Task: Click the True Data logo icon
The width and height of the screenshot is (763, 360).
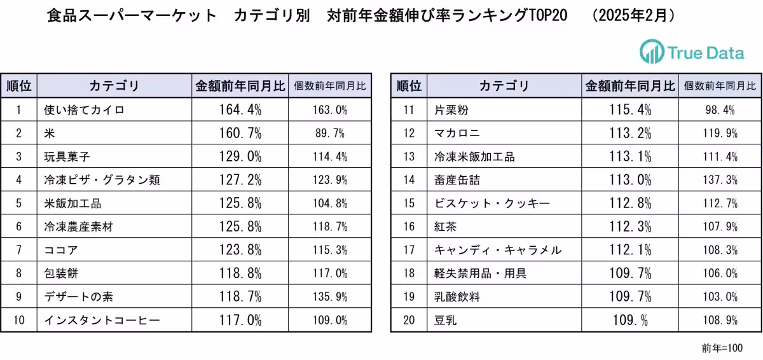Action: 651,52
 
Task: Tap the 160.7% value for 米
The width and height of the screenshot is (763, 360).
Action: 240,133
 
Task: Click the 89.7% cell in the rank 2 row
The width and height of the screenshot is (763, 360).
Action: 330,133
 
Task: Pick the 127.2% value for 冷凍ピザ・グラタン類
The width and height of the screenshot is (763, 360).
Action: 240,180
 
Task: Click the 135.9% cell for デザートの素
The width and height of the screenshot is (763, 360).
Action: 330,296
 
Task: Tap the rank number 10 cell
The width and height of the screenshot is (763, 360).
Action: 19,320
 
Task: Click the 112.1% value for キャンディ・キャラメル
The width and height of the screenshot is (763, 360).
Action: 630,250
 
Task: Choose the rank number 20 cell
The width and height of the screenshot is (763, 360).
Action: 409,320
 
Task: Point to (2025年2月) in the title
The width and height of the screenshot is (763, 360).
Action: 633,15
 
